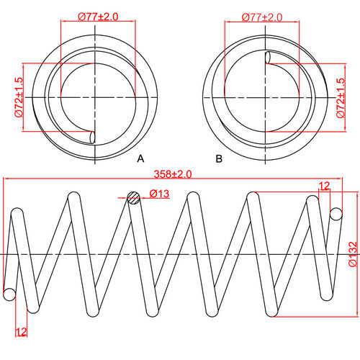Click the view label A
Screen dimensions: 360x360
pos(141,157)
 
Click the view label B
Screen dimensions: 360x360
pos(218,157)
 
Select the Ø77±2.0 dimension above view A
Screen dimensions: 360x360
pos(99,15)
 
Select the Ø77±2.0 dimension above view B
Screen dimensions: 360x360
pos(262,15)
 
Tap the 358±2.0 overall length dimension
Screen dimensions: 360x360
pos(173,174)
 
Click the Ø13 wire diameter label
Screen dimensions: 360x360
pos(160,194)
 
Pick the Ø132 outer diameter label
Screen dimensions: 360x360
pos(351,254)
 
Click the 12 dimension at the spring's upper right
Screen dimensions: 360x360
pos(324,186)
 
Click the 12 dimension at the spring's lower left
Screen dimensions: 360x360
pos(22,332)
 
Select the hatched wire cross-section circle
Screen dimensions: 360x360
pos(133,199)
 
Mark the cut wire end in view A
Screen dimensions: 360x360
pos(91,136)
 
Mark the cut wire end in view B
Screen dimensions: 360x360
pos(269,58)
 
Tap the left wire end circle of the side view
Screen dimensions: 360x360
pos(9,294)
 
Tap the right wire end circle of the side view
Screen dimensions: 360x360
pos(336,213)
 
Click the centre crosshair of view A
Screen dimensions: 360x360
pos(96,96)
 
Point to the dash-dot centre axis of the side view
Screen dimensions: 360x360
pos(173,255)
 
